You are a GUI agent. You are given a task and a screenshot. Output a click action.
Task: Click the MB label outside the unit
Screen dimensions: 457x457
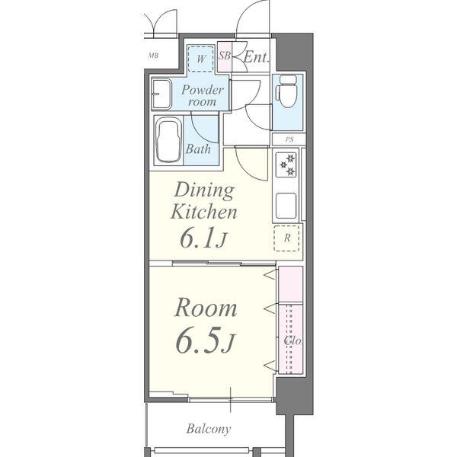tap(153, 55)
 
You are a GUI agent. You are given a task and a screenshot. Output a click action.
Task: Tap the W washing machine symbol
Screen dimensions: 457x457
tap(200, 59)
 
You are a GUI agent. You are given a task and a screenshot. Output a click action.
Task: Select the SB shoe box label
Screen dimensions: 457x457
tap(225, 56)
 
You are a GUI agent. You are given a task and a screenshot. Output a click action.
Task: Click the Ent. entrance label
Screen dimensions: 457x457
tap(256, 57)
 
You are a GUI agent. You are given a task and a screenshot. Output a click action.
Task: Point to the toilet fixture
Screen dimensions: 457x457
tap(287, 91)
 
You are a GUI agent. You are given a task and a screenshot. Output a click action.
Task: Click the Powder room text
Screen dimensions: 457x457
tap(203, 96)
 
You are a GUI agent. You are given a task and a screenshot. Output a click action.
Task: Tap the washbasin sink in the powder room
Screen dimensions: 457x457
tap(161, 94)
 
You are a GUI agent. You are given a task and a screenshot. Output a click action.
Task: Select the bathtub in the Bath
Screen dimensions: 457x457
tap(168, 141)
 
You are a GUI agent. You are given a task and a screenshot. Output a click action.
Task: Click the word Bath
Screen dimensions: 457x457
tap(198, 149)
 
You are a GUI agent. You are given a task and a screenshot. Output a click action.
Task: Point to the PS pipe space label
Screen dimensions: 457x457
tap(289, 139)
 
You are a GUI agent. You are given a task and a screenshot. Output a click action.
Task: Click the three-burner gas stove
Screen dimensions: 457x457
tap(287, 165)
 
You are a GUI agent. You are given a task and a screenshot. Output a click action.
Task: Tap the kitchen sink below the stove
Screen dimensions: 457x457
tap(286, 206)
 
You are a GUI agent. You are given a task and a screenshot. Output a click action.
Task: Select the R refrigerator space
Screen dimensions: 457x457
tap(287, 238)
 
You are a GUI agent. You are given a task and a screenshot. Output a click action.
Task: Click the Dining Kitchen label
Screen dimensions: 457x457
tap(204, 200)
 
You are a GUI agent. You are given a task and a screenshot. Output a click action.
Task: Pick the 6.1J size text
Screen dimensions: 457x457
tap(203, 238)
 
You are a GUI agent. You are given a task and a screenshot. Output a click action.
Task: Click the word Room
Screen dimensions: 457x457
tap(206, 308)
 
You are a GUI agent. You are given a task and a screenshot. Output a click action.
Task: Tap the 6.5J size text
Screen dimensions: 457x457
tap(205, 340)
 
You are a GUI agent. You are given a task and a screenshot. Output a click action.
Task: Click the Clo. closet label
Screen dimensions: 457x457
tap(292, 340)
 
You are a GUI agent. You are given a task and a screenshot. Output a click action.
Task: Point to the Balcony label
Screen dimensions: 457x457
tap(209, 429)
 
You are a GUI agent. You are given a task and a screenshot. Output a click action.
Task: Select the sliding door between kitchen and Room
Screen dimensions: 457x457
tap(224, 264)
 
